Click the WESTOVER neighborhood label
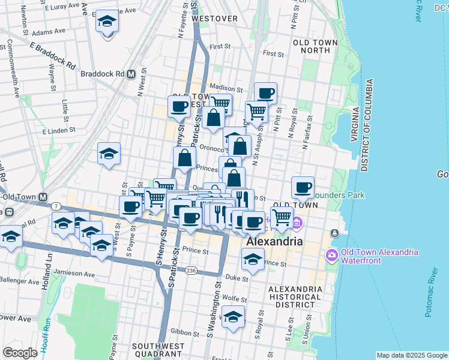(x=214, y=19)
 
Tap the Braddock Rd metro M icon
(x=130, y=74)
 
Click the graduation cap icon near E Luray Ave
(x=107, y=22)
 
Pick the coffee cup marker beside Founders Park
(x=303, y=188)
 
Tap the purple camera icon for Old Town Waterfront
(x=331, y=256)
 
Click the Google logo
(x=20, y=353)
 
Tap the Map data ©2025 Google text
(x=411, y=355)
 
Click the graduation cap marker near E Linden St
(x=109, y=154)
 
